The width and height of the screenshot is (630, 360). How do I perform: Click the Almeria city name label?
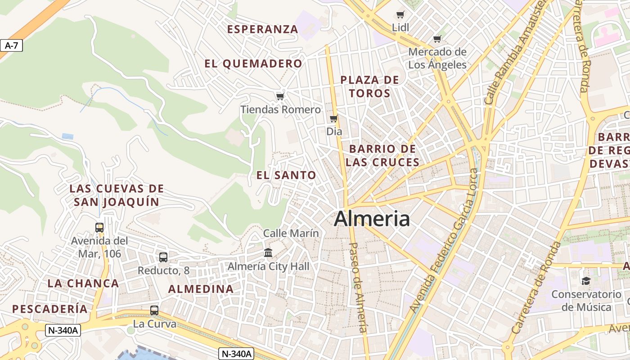(x=372, y=219)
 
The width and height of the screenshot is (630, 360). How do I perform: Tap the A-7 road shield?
(x=11, y=45)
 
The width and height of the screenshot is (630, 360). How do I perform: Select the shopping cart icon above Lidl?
(x=400, y=15)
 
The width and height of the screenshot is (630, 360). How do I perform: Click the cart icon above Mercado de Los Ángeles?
(x=437, y=39)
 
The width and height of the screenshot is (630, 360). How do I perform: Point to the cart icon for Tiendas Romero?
(x=280, y=96)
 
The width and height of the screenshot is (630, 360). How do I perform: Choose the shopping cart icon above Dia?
(x=334, y=119)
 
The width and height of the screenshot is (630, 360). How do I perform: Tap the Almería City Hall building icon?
(x=268, y=253)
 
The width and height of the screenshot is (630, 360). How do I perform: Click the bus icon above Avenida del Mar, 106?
(x=99, y=228)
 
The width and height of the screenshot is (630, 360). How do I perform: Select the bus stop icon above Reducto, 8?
(x=163, y=257)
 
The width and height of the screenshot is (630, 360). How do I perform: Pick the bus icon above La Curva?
(x=154, y=310)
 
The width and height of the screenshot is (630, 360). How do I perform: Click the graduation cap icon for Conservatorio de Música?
(x=586, y=281)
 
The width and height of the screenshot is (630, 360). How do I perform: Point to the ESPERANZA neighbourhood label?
(x=262, y=30)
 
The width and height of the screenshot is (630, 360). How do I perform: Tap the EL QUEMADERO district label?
(x=253, y=64)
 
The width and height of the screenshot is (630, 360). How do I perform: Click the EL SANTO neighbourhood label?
(x=286, y=175)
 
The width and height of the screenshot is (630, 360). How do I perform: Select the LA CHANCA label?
(x=83, y=283)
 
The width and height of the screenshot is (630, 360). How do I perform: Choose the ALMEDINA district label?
(x=201, y=289)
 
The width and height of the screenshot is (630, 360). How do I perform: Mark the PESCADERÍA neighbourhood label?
(x=50, y=309)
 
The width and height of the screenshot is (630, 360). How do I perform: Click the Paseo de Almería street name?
(x=359, y=288)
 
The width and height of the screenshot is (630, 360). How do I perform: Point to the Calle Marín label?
(x=291, y=233)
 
